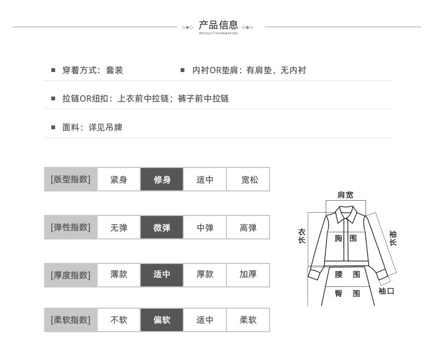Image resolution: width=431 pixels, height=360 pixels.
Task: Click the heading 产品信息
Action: [218, 25]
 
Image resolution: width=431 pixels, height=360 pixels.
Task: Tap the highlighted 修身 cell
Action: [162, 179]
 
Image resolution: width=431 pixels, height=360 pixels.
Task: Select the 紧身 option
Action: [119, 179]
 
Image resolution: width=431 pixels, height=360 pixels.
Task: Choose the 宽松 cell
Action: [248, 179]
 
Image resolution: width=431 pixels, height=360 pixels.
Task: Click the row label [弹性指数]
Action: [70, 227]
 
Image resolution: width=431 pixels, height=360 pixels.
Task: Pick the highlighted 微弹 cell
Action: [162, 227]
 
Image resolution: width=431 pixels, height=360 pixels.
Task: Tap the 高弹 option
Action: [248, 227]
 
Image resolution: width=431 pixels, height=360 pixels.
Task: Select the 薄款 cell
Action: [119, 275]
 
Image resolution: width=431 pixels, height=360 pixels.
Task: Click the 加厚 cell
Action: [248, 275]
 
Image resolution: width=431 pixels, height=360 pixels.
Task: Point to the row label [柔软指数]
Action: [70, 320]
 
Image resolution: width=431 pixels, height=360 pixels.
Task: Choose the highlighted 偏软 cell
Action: [162, 320]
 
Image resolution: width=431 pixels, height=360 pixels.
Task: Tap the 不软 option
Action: [119, 320]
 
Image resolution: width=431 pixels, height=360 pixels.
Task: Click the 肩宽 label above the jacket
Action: [345, 195]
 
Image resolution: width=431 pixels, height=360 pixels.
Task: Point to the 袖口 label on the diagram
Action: [386, 291]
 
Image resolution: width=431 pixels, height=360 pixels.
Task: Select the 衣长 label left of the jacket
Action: [302, 236]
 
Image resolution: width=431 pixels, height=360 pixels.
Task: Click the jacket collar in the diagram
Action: [346, 214]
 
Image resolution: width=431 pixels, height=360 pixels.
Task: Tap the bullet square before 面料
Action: [53, 127]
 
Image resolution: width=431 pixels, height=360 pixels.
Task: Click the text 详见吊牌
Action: [105, 128]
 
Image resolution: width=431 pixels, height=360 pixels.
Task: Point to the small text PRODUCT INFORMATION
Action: [218, 33]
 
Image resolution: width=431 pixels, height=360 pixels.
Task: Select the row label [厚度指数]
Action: [70, 275]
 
